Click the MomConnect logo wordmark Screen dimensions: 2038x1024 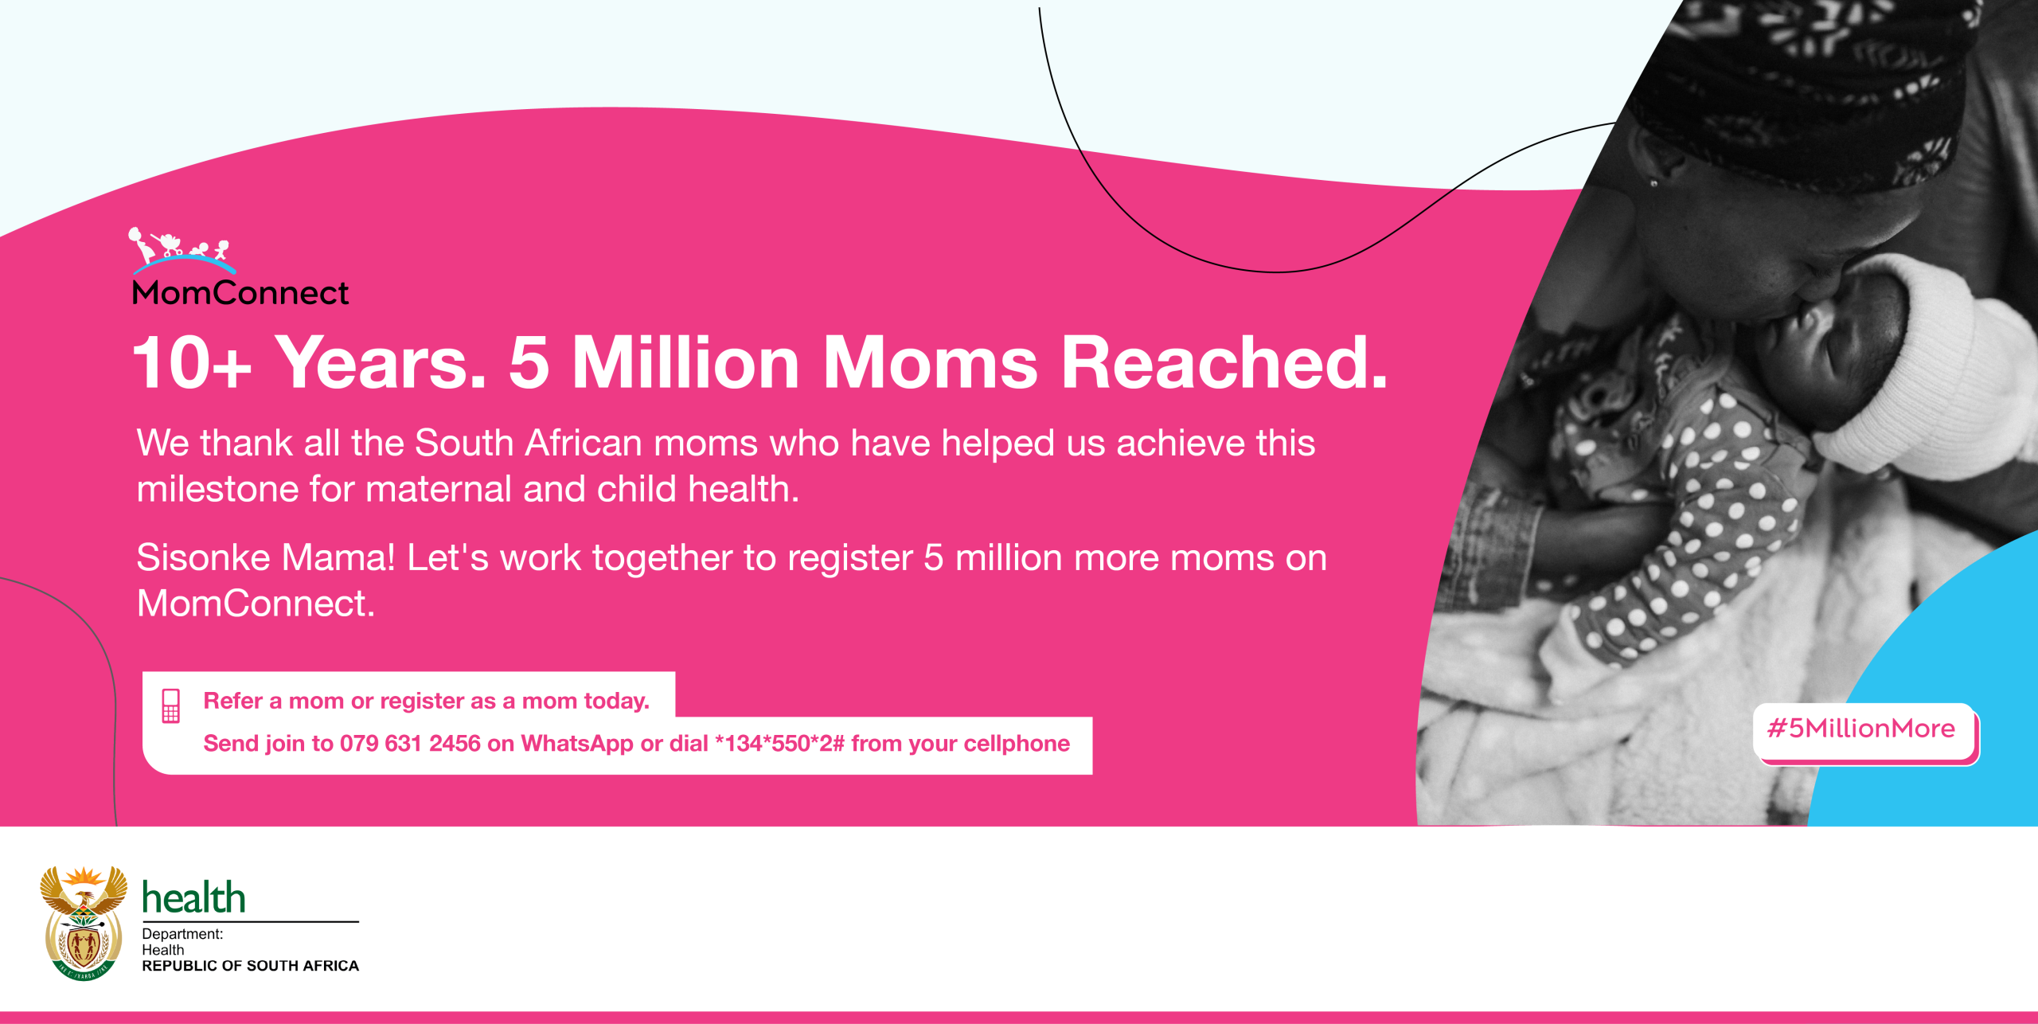(x=240, y=293)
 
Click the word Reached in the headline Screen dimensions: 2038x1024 (x=1224, y=362)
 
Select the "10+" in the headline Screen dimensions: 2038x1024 (x=192, y=362)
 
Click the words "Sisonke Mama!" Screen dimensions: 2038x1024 (x=266, y=557)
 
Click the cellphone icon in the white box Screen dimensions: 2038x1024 (x=171, y=705)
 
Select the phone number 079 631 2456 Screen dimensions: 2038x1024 (x=410, y=744)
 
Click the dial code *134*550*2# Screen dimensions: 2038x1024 (x=779, y=744)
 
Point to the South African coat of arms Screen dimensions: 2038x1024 (x=84, y=924)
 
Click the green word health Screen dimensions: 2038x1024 (x=193, y=897)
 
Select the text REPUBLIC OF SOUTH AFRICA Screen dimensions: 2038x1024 (x=251, y=966)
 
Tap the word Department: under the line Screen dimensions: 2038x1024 (x=182, y=934)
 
